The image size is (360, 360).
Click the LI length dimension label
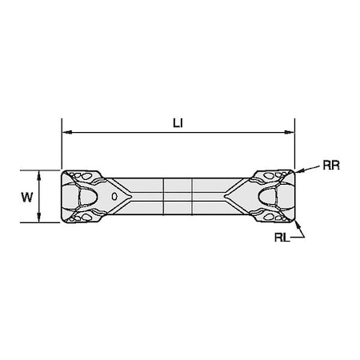[178, 122]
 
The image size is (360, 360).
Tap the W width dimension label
[27, 197]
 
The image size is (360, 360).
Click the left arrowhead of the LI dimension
[66, 132]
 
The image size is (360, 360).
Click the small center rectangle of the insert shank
[178, 196]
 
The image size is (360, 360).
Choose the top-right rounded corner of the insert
[293, 172]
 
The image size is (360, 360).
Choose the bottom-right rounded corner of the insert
[293, 221]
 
